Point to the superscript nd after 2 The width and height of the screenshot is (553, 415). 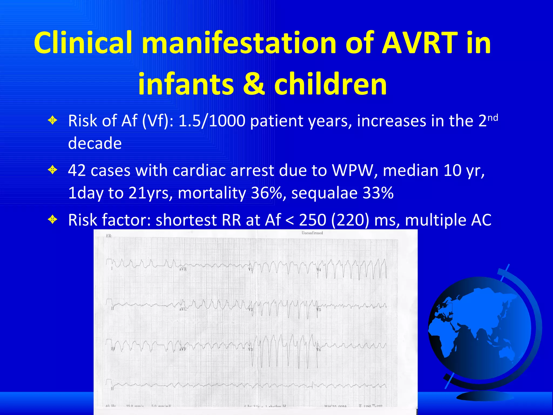(x=493, y=118)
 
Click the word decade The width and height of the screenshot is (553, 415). (x=95, y=143)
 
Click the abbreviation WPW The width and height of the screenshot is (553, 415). (x=355, y=171)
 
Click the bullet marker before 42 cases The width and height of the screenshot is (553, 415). (x=52, y=170)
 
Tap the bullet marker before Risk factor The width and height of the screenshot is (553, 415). (x=52, y=220)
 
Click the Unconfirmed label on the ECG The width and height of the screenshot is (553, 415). (x=312, y=233)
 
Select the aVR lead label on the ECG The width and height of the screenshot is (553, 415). (x=183, y=269)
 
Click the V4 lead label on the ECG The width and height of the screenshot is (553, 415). (x=319, y=270)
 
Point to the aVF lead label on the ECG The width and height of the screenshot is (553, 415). (x=183, y=349)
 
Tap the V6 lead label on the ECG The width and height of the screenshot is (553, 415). (x=319, y=350)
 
